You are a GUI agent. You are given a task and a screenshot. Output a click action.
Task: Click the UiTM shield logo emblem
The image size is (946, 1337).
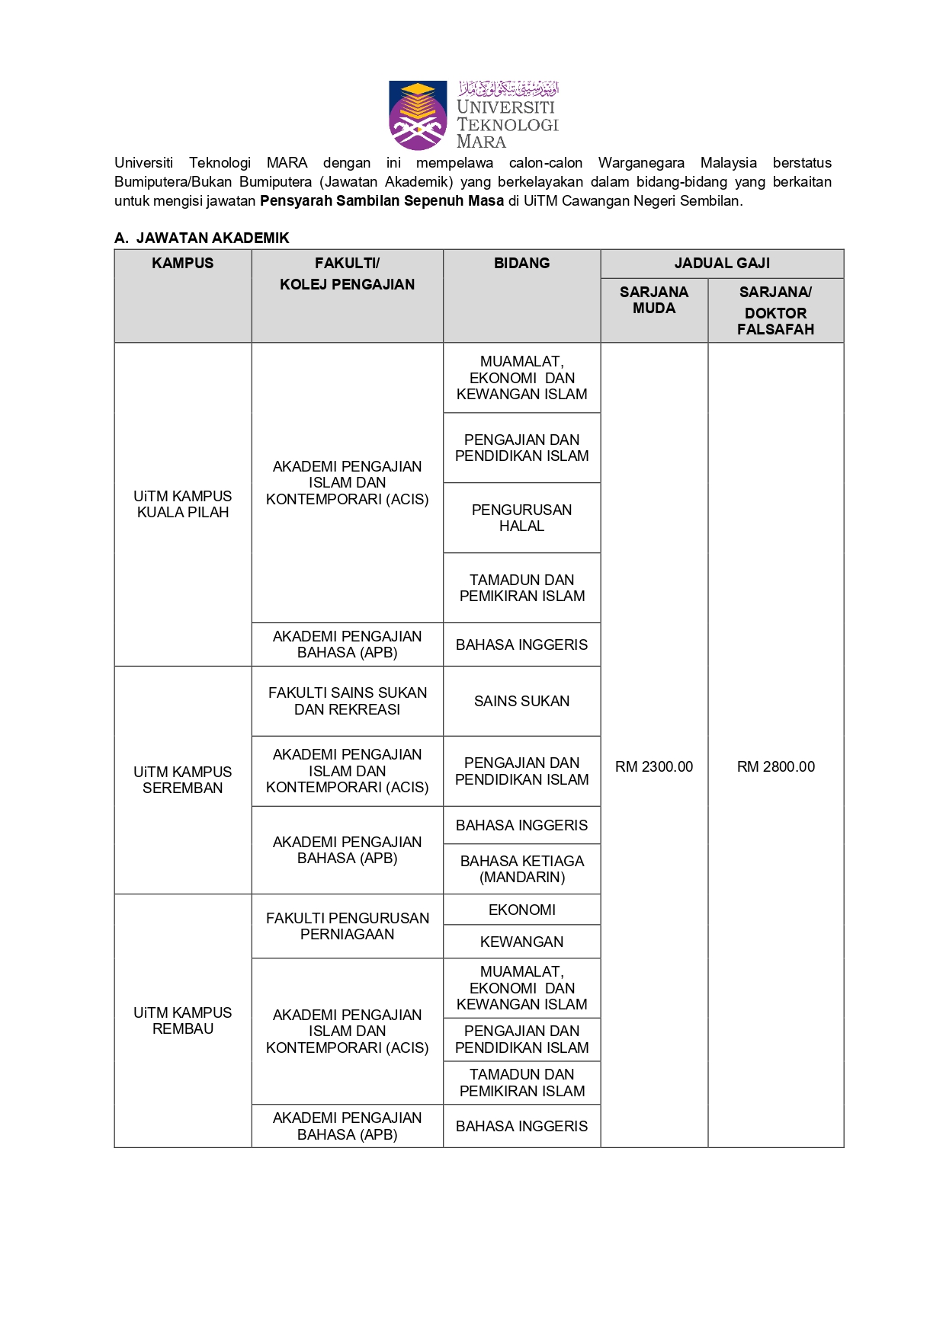pos(417,116)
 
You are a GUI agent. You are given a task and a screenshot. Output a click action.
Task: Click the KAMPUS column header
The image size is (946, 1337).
pos(182,264)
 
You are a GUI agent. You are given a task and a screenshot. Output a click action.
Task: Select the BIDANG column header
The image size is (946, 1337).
pos(521,264)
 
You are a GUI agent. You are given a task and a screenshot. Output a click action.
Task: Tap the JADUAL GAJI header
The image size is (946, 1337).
pos(721,264)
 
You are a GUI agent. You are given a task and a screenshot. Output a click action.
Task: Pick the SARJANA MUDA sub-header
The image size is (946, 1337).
pos(653,300)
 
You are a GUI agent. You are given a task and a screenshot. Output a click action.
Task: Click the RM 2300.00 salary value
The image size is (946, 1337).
pos(653,767)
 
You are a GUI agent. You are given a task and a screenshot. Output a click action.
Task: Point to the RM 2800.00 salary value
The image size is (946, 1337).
pos(775,767)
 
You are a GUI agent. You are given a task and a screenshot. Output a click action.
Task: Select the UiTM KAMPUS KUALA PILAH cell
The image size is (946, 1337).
pos(182,504)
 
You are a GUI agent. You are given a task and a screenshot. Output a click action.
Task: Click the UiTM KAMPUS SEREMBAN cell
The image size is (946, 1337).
pos(182,780)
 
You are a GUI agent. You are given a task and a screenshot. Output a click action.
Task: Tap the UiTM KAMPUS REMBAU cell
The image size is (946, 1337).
pos(182,1021)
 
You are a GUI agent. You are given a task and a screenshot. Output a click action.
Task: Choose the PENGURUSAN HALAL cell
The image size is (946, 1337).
pos(521,518)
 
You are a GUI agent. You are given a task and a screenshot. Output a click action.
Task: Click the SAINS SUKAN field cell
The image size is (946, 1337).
pos(521,702)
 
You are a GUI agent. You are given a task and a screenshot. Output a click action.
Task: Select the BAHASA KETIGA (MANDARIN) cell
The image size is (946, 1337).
pos(521,869)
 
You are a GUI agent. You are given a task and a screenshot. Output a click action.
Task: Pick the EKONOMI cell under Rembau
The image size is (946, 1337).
pos(521,910)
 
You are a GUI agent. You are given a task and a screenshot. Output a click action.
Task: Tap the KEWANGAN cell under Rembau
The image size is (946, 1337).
pos(521,942)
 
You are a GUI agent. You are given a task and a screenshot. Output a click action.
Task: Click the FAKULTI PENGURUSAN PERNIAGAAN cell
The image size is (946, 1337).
pos(347,926)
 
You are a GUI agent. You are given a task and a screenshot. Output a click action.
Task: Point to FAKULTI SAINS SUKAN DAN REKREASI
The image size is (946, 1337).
pos(347,702)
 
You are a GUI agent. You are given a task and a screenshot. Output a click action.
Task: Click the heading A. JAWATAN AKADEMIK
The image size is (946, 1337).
pos(202,238)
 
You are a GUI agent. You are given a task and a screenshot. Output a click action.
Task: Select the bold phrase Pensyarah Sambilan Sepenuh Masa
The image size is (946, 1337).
pos(381,201)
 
